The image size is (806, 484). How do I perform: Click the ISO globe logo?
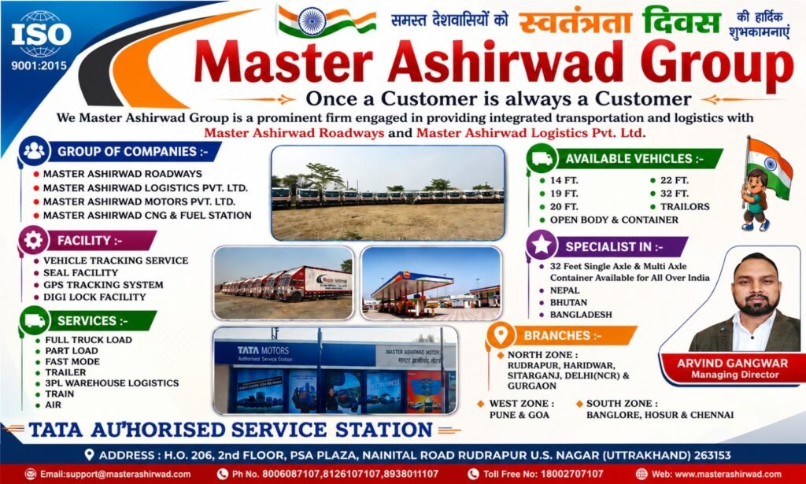click(41, 34)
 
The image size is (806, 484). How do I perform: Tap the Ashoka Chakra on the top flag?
click(312, 21)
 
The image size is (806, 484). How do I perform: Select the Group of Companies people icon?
click(34, 150)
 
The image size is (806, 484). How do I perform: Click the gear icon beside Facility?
click(33, 240)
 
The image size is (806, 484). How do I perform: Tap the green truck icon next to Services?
click(35, 320)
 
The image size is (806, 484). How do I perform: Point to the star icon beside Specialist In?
click(542, 246)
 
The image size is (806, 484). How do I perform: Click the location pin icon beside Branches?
click(501, 335)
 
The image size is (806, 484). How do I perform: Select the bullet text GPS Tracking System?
click(103, 285)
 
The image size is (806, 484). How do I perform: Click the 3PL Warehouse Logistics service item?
click(112, 382)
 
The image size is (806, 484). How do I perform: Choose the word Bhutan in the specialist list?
click(568, 302)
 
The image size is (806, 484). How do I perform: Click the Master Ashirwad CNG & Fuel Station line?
click(147, 216)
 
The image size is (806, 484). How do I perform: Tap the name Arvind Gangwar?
click(732, 364)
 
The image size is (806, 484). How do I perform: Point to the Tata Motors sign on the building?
click(264, 353)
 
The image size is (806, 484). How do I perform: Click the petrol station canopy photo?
click(431, 283)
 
